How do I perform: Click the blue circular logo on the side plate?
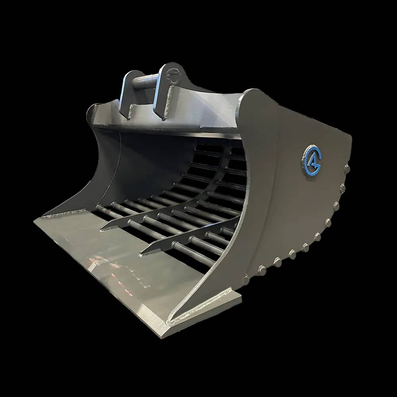pos(312,160)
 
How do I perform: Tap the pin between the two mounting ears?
pos(145,82)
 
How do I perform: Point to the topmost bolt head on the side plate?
pos(347,169)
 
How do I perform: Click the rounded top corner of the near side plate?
pos(252,95)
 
